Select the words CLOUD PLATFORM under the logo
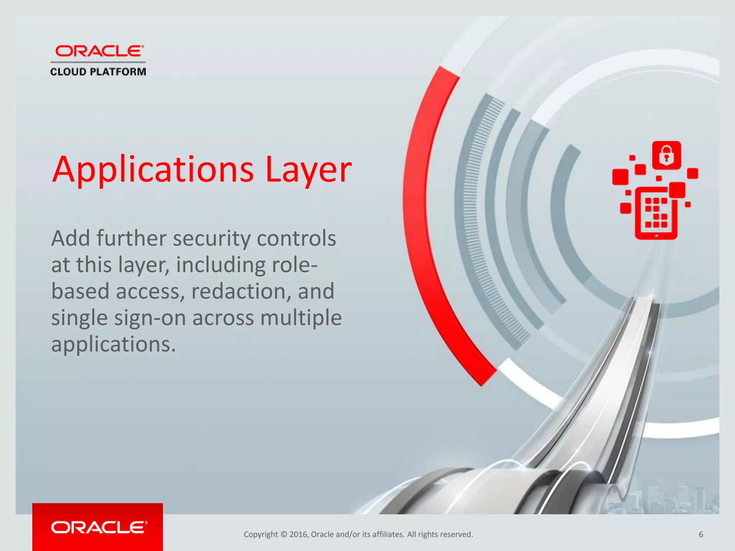click(x=98, y=72)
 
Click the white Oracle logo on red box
click(x=99, y=527)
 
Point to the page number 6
click(x=701, y=534)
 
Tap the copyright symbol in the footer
click(x=284, y=534)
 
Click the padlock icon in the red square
click(x=666, y=155)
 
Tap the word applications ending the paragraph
click(x=113, y=344)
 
